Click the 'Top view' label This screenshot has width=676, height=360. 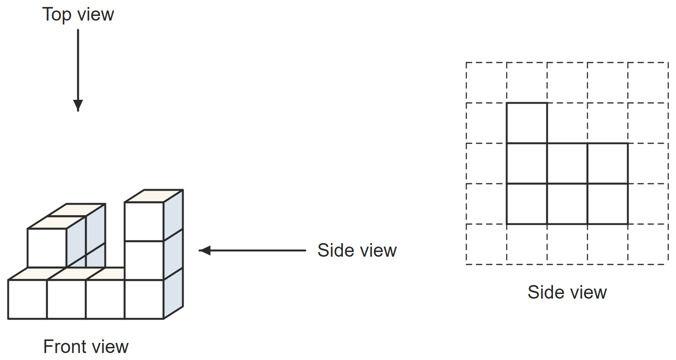[78, 15]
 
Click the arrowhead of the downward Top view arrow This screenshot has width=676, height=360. [78, 105]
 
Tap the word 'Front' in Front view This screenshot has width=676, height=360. [65, 346]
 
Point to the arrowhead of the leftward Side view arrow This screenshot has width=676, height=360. [205, 250]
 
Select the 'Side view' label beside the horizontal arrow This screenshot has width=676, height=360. [357, 250]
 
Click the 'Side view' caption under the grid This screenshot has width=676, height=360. [567, 292]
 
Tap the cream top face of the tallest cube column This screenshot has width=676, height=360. [154, 196]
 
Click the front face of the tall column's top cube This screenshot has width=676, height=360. [144, 221]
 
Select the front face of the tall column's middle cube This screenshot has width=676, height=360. [144, 260]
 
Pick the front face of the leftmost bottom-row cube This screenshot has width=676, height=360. [28, 299]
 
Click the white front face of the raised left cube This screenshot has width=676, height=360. [47, 248]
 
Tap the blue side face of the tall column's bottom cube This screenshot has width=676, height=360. [174, 293]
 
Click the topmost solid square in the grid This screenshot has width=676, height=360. [527, 123]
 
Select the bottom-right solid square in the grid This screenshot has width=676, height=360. [608, 204]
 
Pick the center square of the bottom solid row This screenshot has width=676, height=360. [567, 204]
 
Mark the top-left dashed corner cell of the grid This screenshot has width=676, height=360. [487, 83]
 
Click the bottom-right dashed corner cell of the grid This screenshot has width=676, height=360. [648, 244]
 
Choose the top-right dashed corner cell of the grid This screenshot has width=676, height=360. [648, 83]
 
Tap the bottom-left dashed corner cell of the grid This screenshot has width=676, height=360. [487, 244]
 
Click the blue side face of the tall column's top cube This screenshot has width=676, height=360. [174, 216]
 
